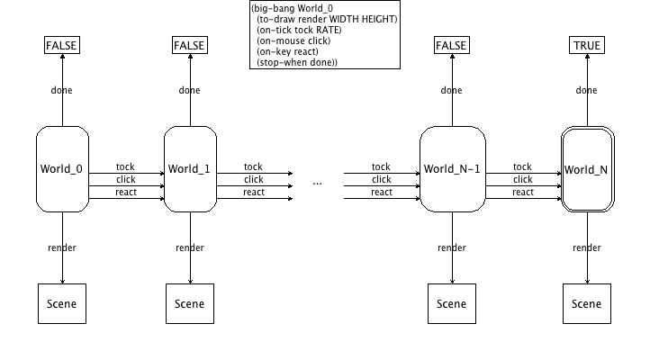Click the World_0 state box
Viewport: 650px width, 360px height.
click(62, 169)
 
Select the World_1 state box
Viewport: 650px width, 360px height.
click(190, 169)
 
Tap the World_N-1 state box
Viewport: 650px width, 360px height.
click(452, 169)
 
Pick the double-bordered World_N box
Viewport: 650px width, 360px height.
click(586, 169)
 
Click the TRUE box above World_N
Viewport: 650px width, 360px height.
click(587, 46)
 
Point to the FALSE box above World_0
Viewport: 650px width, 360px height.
click(62, 46)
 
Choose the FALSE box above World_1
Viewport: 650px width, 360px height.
click(190, 46)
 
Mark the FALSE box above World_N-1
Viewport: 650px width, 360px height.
click(452, 46)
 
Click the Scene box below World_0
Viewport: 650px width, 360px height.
click(62, 304)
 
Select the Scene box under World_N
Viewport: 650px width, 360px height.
click(587, 304)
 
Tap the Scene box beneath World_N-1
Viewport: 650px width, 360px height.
click(452, 304)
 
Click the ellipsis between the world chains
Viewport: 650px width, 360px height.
click(317, 183)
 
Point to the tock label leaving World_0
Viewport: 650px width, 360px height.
click(125, 166)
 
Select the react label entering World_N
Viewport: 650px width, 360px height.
click(522, 192)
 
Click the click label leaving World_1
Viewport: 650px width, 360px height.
click(254, 179)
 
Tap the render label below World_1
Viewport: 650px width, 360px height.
click(190, 248)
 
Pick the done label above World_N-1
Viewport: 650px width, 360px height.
click(452, 90)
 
